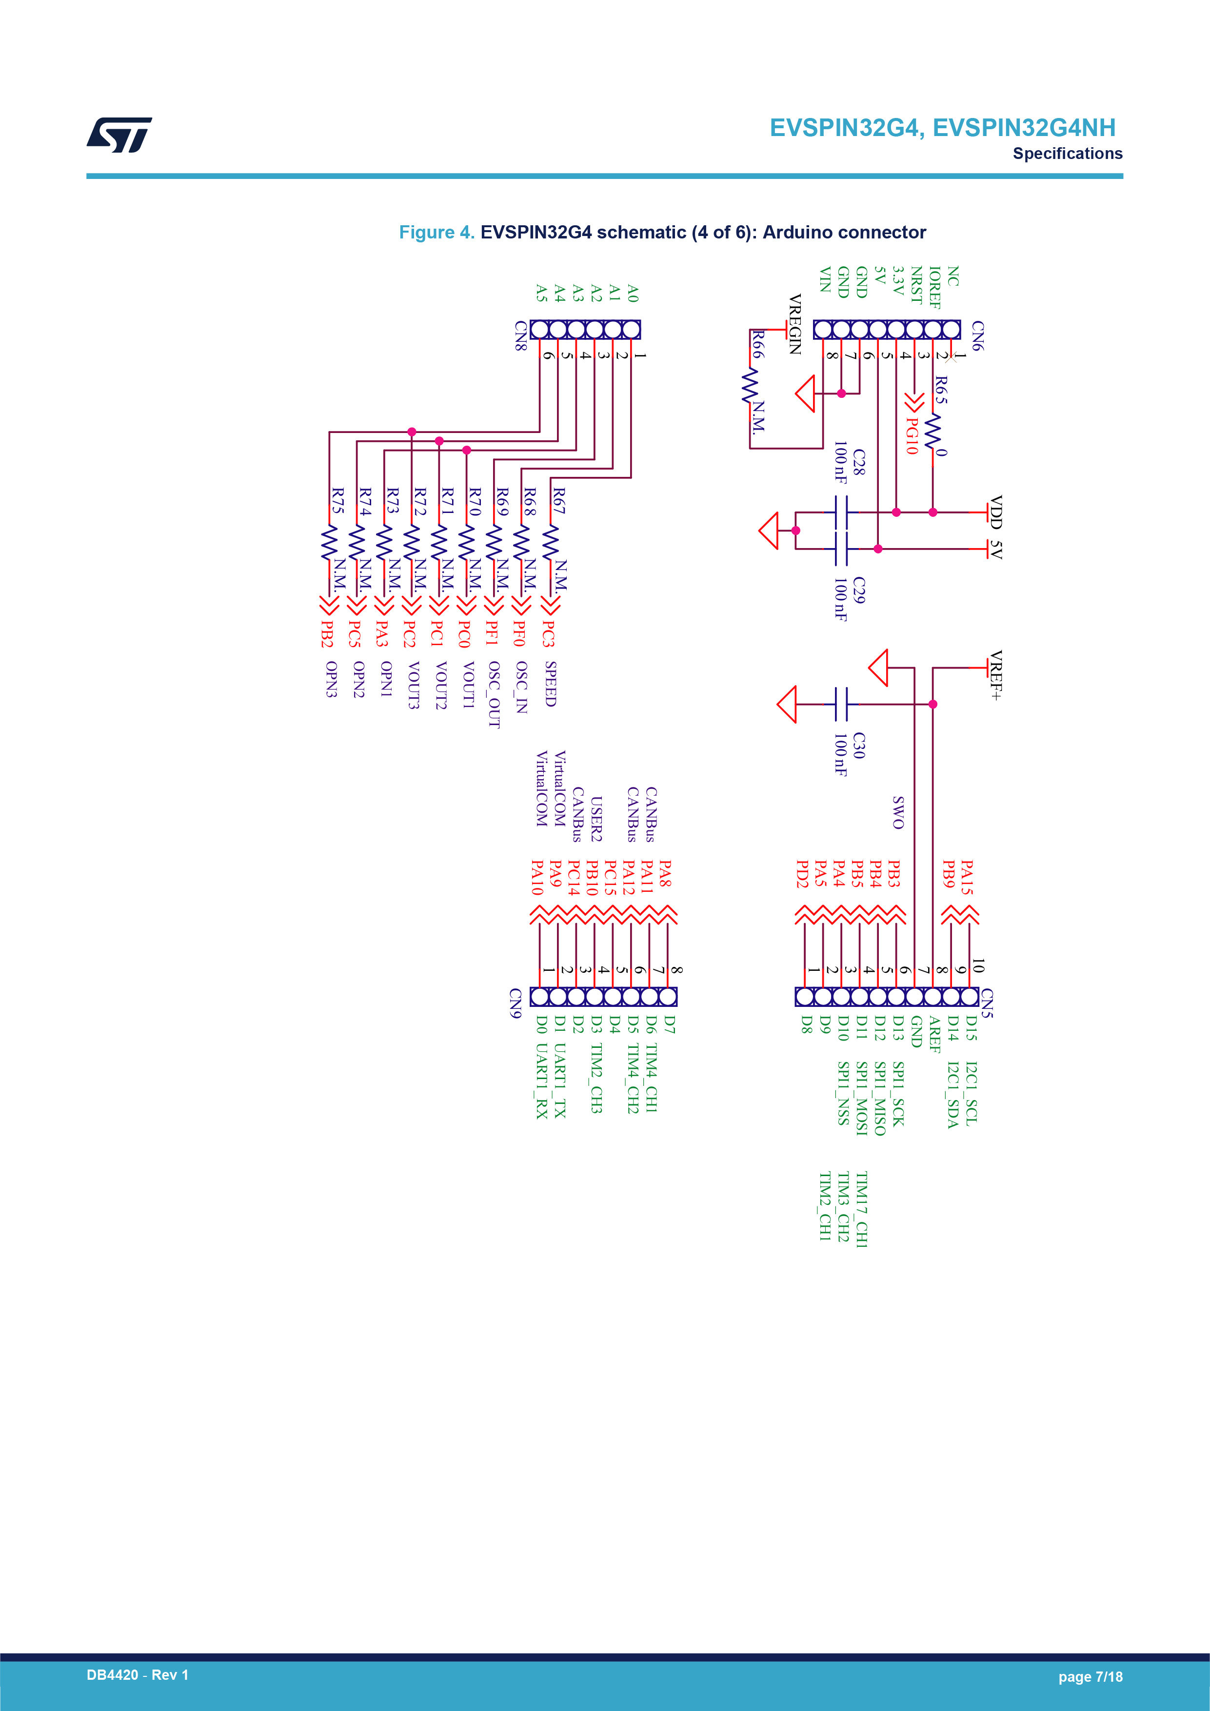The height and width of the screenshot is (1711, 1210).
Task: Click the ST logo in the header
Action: coord(119,135)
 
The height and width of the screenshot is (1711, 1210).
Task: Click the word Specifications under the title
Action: coord(1067,154)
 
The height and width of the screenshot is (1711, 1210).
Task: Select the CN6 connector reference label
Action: coord(977,336)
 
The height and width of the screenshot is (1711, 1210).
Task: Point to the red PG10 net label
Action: coord(911,436)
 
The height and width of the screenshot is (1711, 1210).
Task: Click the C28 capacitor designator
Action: coord(859,462)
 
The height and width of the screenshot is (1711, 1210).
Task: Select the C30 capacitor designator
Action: coord(859,745)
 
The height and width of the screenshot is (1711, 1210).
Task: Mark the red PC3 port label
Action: coord(549,633)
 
